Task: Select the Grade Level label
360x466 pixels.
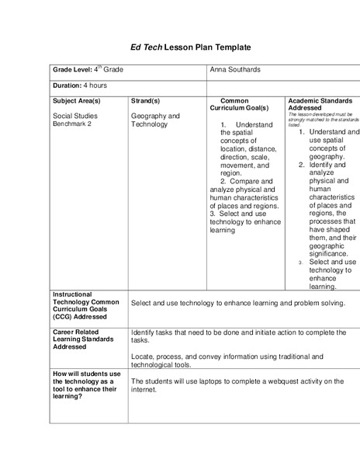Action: (78, 70)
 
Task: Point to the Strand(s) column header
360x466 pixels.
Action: (145, 101)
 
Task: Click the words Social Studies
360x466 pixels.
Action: (74, 116)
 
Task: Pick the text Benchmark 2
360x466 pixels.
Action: (71, 124)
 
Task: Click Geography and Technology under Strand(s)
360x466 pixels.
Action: (154, 120)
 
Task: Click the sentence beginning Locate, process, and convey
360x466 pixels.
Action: (237, 359)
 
